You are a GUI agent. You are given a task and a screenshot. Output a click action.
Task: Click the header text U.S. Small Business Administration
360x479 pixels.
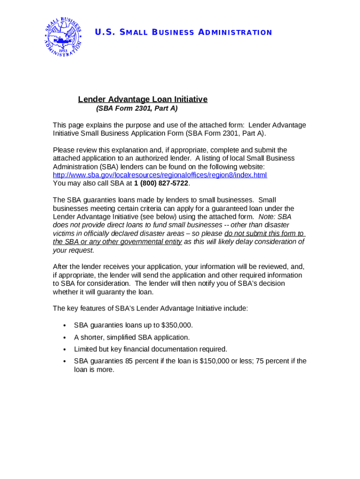click(183, 32)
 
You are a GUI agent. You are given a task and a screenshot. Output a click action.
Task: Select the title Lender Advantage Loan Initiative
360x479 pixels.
click(143, 99)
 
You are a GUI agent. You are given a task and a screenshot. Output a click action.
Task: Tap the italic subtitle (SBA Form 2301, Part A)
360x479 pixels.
click(137, 109)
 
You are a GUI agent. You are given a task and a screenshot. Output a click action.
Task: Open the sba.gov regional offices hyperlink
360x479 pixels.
click(160, 175)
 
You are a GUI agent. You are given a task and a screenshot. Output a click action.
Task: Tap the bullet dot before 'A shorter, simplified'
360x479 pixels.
click(64, 338)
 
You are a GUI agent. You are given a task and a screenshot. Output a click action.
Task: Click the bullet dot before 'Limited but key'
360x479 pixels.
click(64, 349)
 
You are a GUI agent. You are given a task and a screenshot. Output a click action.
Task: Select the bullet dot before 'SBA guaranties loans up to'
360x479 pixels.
click(64, 326)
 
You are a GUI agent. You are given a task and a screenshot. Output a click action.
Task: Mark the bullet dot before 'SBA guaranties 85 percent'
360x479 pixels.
click(64, 362)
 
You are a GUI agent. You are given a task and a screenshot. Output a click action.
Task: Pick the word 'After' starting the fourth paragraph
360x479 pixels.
click(61, 267)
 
